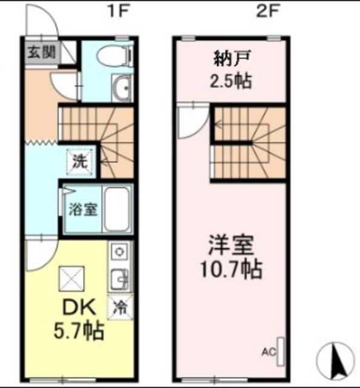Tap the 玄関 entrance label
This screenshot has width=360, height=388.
pyautogui.click(x=41, y=53)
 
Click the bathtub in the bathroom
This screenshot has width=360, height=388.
pyautogui.click(x=117, y=208)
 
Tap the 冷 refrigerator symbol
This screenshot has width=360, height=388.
pyautogui.click(x=119, y=306)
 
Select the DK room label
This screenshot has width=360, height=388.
pyautogui.click(x=77, y=308)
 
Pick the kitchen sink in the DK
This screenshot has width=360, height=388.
pyautogui.click(x=119, y=278)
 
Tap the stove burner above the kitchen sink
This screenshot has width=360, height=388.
pyautogui.click(x=119, y=251)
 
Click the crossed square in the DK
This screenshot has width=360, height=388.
pyautogui.click(x=71, y=278)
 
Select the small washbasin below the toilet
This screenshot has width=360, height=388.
pyautogui.click(x=122, y=90)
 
